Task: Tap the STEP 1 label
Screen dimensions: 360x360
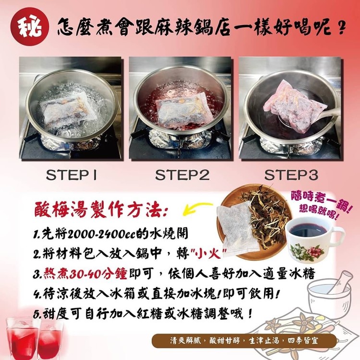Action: click(x=72, y=175)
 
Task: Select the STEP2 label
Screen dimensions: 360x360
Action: click(x=182, y=175)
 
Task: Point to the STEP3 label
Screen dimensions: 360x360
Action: click(x=291, y=175)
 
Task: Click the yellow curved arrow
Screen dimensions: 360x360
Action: click(x=197, y=208)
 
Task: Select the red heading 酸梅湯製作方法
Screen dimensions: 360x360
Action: click(x=101, y=210)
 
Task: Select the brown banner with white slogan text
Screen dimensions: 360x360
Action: click(x=244, y=341)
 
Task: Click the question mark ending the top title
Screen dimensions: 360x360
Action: click(x=342, y=27)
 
